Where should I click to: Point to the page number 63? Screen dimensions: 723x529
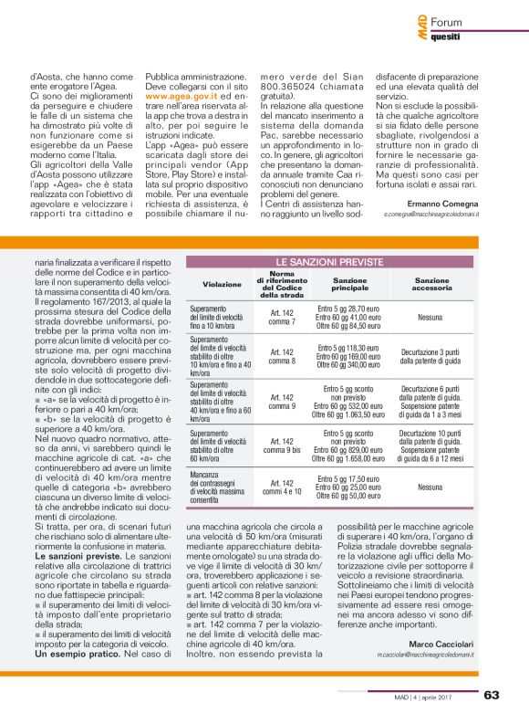(x=492, y=695)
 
